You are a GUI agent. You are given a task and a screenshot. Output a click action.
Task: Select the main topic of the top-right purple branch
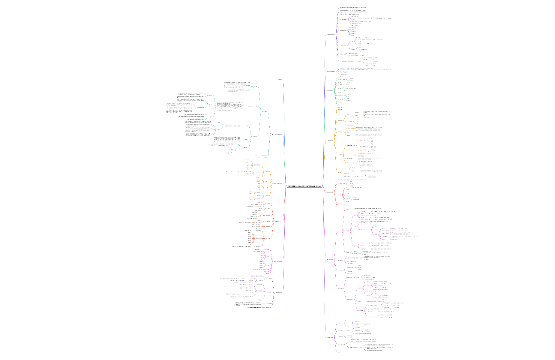click(331, 34)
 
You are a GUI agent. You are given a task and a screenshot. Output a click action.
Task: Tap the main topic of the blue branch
click(331, 71)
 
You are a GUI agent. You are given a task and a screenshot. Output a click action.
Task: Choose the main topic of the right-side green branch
click(330, 90)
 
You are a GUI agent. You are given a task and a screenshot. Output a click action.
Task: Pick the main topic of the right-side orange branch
click(330, 140)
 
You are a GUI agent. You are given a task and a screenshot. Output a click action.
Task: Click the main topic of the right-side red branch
click(330, 193)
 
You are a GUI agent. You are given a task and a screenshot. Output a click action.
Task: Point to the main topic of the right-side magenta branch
click(330, 259)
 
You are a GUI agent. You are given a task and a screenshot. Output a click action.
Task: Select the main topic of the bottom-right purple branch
click(330, 337)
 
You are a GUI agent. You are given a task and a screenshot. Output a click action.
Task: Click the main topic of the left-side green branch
click(277, 134)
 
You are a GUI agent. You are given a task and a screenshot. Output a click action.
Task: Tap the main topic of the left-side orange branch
click(277, 183)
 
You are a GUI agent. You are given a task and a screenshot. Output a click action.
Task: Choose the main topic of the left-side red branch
click(277, 221)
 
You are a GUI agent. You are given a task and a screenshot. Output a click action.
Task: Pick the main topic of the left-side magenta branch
click(277, 261)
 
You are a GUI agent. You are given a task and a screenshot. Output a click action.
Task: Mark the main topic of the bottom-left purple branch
click(277, 292)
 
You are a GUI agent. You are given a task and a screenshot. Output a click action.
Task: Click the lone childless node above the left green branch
click(280, 80)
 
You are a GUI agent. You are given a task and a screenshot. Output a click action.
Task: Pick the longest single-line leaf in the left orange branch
click(240, 171)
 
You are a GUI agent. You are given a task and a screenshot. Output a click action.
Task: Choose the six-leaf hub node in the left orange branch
click(257, 165)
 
